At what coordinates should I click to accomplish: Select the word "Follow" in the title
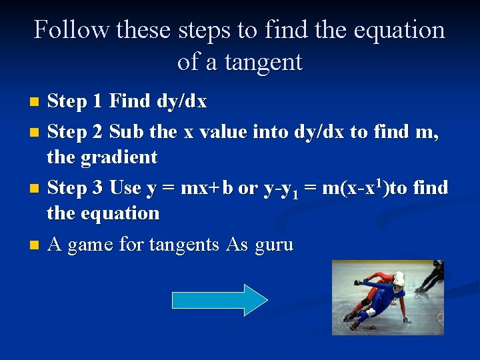point(71,30)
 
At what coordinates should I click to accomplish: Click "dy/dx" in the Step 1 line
point(181,102)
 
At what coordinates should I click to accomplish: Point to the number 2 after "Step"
point(97,132)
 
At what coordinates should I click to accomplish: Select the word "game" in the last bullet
point(90,245)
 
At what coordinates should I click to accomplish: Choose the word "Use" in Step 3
point(125,188)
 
